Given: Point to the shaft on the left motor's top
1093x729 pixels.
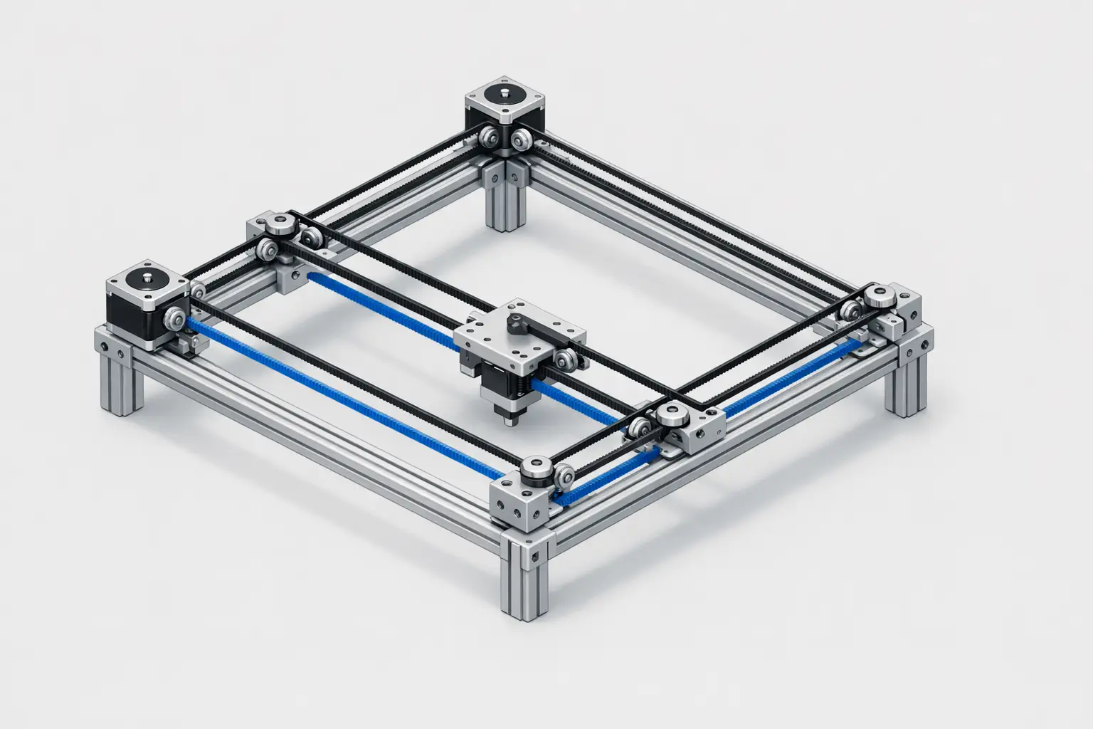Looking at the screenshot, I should click(145, 277).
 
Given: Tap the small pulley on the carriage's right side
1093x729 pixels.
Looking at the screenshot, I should click(567, 359).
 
